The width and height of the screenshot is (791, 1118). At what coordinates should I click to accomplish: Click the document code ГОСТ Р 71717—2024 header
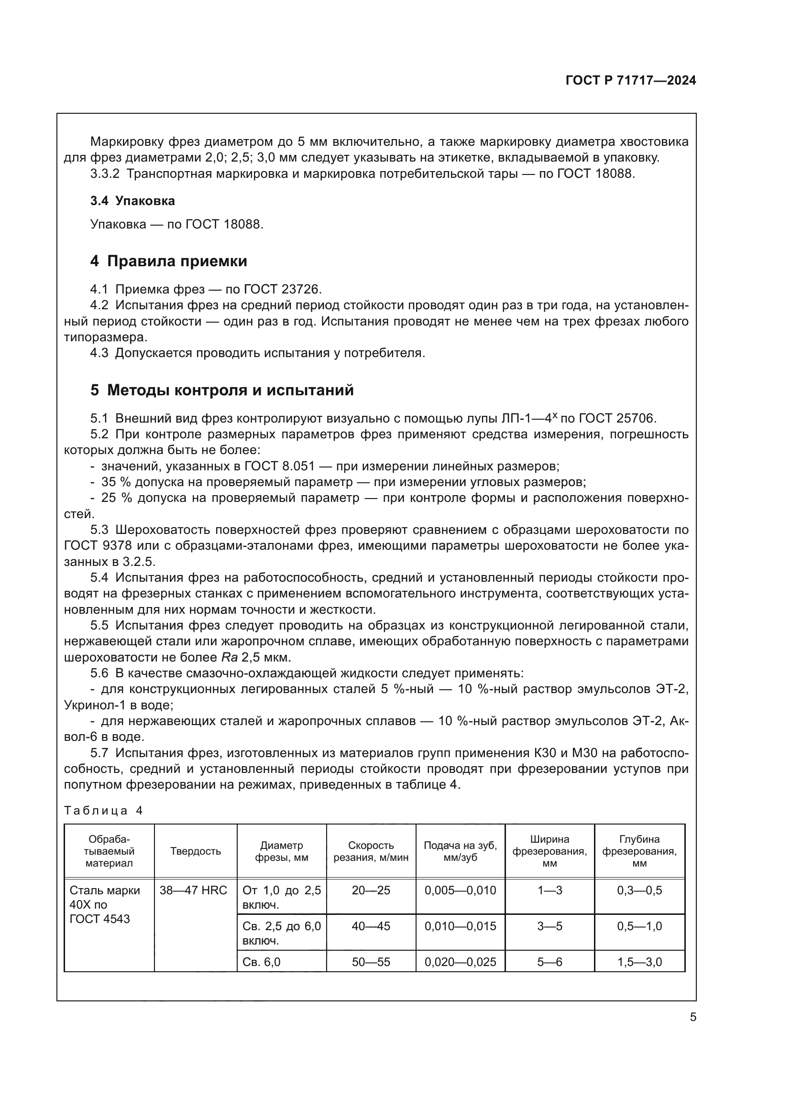pos(630,81)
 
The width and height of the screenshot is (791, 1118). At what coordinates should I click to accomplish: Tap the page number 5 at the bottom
pos(692,1017)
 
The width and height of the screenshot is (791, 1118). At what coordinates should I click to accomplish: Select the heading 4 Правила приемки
pos(168,261)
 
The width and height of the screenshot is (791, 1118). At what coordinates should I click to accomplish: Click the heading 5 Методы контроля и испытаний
pos(221,390)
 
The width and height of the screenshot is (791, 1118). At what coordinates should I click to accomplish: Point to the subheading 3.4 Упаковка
pos(132,201)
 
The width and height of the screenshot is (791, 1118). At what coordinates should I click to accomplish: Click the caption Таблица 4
pos(103,810)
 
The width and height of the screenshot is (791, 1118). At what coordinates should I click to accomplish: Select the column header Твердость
pos(195,851)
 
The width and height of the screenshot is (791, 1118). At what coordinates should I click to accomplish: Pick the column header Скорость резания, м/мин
pos(371,851)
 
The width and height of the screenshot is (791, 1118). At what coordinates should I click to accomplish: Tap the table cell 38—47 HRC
pos(193,890)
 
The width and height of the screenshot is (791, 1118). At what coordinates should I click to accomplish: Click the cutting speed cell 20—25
pos(371,890)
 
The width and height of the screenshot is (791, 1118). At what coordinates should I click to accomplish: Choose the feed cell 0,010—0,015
pos(460,926)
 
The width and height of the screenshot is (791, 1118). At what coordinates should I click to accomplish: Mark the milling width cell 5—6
pos(549,962)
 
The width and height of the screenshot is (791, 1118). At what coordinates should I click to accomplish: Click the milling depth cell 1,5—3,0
pos(639,962)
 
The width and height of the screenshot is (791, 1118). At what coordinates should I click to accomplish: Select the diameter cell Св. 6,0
pos(262,962)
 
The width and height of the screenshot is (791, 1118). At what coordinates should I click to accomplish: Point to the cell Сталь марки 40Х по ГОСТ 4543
pos(105,905)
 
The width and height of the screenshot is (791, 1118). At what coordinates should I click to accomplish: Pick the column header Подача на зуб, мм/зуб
pos(460,851)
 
